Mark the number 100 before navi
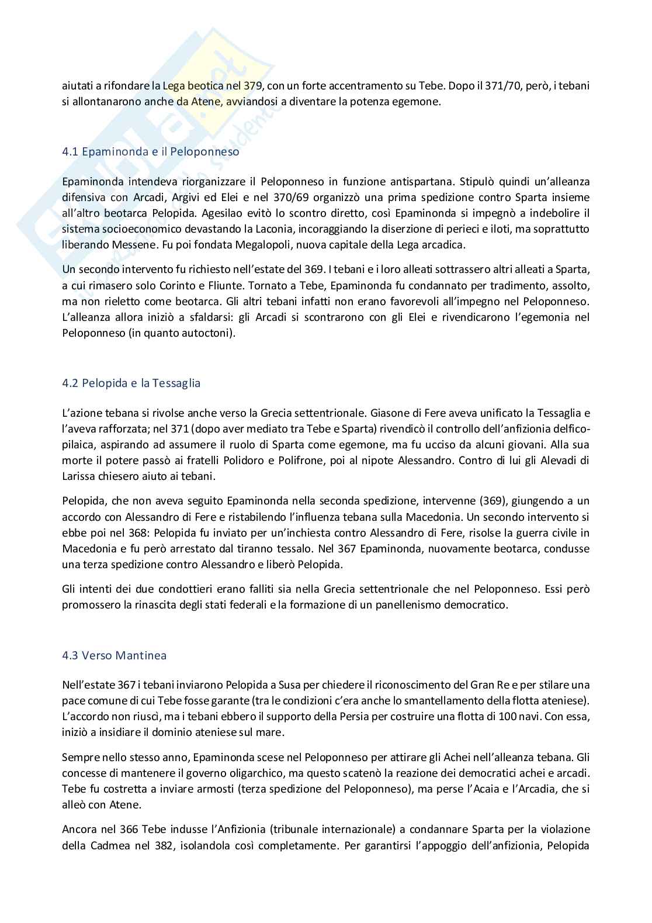(x=502, y=716)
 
